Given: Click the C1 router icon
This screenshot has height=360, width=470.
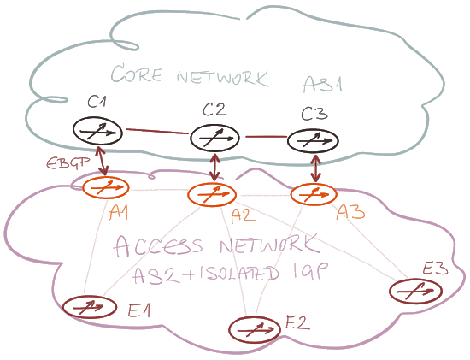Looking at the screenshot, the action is [x=97, y=131].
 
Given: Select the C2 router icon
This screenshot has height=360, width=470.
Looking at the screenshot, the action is [x=214, y=138].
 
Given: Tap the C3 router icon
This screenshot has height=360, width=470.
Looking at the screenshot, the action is [x=314, y=140].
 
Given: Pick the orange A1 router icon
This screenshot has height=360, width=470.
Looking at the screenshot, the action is [x=105, y=187].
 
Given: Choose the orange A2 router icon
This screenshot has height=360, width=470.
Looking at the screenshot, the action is [x=212, y=194].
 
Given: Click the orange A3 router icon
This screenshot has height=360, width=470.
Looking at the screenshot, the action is [x=314, y=194].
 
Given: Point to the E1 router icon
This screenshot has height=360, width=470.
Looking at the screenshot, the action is [x=90, y=307].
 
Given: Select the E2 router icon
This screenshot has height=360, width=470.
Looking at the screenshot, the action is [x=255, y=329].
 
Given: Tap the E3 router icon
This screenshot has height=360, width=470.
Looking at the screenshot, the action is [x=416, y=291].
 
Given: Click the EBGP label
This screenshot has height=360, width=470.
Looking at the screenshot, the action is [x=68, y=163].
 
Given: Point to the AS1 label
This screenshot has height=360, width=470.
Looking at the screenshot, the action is [x=322, y=84].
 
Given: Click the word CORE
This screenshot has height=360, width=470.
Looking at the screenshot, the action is [x=137, y=73].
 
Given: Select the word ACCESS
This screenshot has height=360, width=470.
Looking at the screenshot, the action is [x=159, y=246].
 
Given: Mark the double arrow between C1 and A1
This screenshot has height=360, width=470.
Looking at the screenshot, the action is [x=102, y=162].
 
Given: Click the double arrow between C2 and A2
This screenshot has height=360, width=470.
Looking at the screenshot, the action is [x=214, y=168].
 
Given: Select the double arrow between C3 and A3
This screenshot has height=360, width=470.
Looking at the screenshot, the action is [x=315, y=168].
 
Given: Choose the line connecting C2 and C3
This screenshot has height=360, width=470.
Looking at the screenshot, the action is [x=266, y=137].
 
